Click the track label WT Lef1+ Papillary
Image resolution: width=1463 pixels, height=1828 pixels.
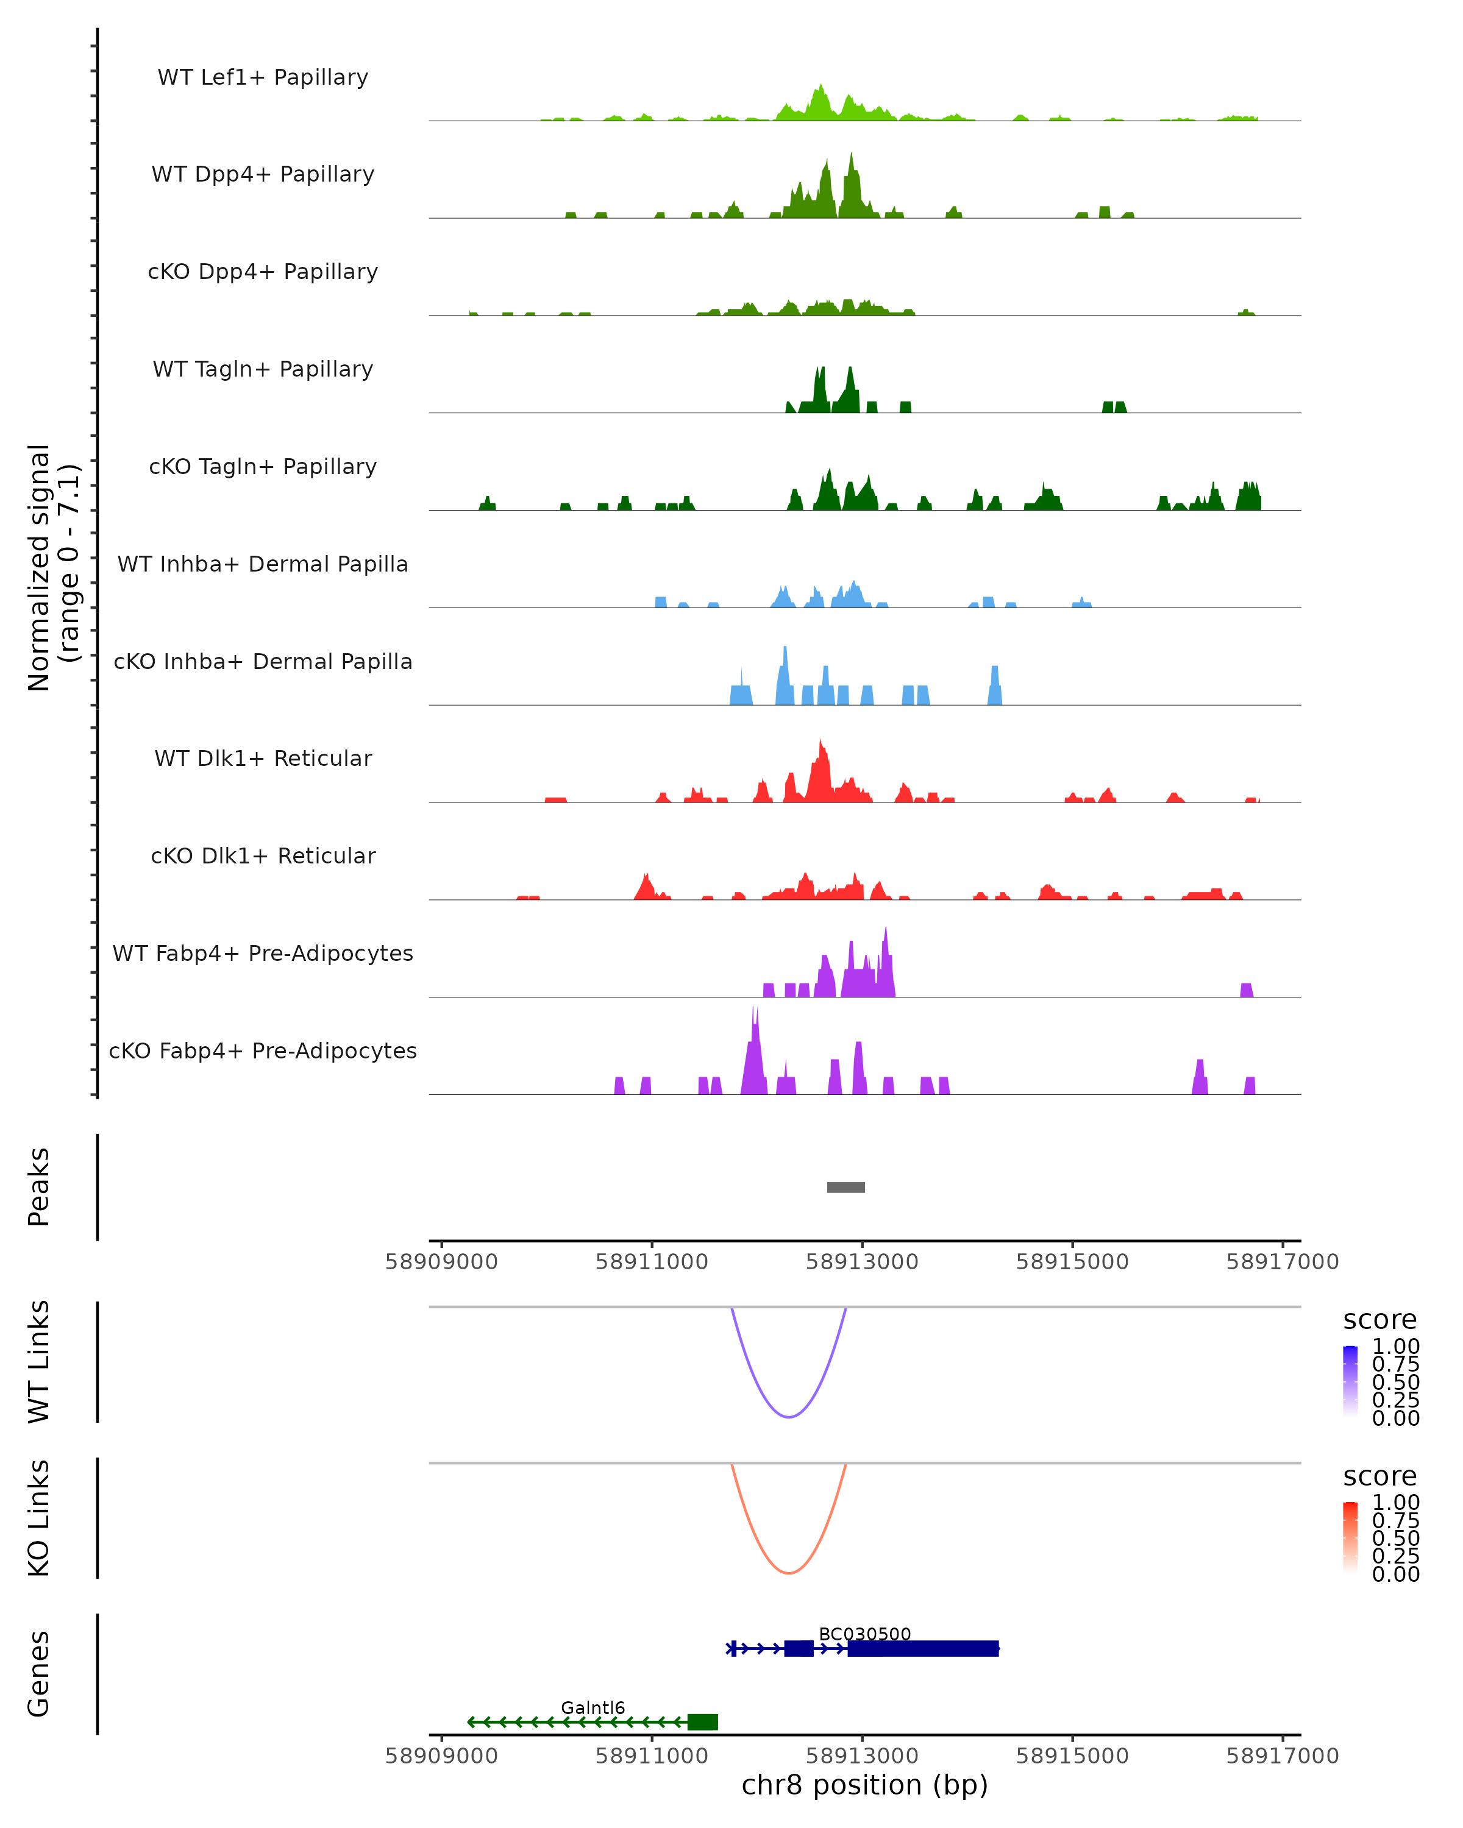pos(263,77)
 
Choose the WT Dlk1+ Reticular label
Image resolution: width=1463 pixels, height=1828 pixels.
pos(263,758)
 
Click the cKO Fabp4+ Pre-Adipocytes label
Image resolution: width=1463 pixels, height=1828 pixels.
pos(263,1050)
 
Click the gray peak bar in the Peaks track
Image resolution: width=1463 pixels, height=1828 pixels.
pos(845,1187)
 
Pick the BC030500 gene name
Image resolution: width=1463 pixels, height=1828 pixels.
pos(864,1634)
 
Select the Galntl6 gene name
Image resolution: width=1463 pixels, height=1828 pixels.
pos(593,1707)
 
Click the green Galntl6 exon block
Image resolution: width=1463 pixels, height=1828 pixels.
pos(702,1721)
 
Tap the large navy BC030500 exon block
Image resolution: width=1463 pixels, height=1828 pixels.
pos(923,1648)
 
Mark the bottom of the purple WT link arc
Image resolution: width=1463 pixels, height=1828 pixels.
pos(789,1417)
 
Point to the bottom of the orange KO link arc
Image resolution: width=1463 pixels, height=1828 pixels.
pos(789,1573)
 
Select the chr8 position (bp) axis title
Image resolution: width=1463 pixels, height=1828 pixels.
pos(864,1785)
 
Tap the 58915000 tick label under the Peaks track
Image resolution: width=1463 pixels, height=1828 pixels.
pos(1072,1262)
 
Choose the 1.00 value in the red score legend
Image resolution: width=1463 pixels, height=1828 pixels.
pos(1395,1501)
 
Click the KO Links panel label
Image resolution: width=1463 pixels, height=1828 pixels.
pos(39,1518)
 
